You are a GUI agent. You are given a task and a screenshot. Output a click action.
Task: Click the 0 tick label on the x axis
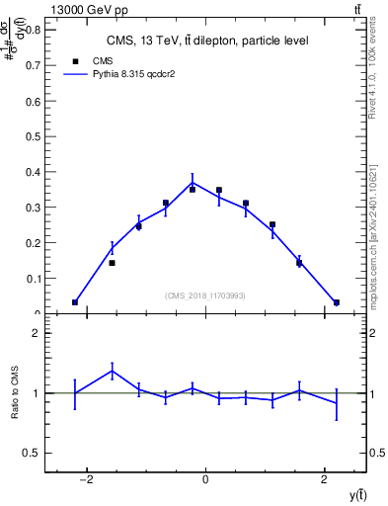coord(205,480)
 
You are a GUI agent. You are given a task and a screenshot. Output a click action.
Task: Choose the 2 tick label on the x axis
coord(324,480)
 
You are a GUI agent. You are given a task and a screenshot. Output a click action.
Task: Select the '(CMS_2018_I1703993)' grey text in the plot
coord(205,295)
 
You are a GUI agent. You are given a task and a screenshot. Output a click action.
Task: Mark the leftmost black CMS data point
coord(75,302)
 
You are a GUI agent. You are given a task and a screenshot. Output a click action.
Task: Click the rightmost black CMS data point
coord(336,302)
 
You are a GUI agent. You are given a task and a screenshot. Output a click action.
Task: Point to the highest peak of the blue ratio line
coord(112,371)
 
